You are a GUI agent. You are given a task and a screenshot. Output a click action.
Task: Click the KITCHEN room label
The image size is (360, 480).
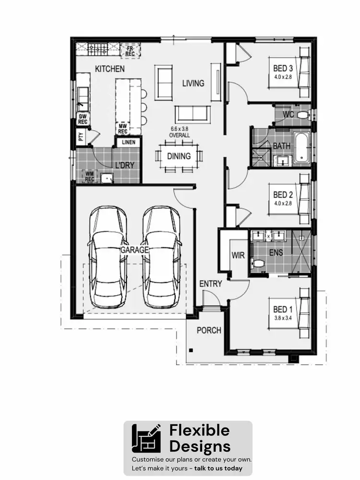click(x=109, y=69)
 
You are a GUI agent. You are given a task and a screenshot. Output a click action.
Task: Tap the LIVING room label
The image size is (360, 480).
click(x=193, y=83)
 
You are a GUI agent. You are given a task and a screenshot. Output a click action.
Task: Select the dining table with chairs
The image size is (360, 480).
click(x=179, y=156)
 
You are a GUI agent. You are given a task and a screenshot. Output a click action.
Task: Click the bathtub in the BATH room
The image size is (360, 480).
click(x=301, y=148)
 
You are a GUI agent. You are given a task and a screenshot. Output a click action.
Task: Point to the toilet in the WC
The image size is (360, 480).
click(x=302, y=115)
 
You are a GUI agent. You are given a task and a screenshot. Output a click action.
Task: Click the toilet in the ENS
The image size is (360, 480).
click(x=258, y=264)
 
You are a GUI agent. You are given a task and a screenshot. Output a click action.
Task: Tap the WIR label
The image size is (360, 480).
click(x=238, y=255)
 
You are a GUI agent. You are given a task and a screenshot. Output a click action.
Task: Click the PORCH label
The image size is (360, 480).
click(x=209, y=330)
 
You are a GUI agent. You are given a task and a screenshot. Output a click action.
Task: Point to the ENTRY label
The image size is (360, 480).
click(x=211, y=284)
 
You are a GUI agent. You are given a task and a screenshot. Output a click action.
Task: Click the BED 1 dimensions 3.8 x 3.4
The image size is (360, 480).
click(x=283, y=317)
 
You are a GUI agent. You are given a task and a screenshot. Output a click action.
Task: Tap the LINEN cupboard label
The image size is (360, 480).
click(x=129, y=143)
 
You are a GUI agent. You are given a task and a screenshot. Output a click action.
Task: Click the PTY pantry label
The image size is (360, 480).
click(x=81, y=137)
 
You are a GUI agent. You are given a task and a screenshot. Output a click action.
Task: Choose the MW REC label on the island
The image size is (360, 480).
click(x=122, y=128)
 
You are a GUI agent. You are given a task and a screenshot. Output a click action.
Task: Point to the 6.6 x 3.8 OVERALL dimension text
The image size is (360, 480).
click(x=180, y=132)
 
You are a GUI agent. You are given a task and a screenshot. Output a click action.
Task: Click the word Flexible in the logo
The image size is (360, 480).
click(x=199, y=430)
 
